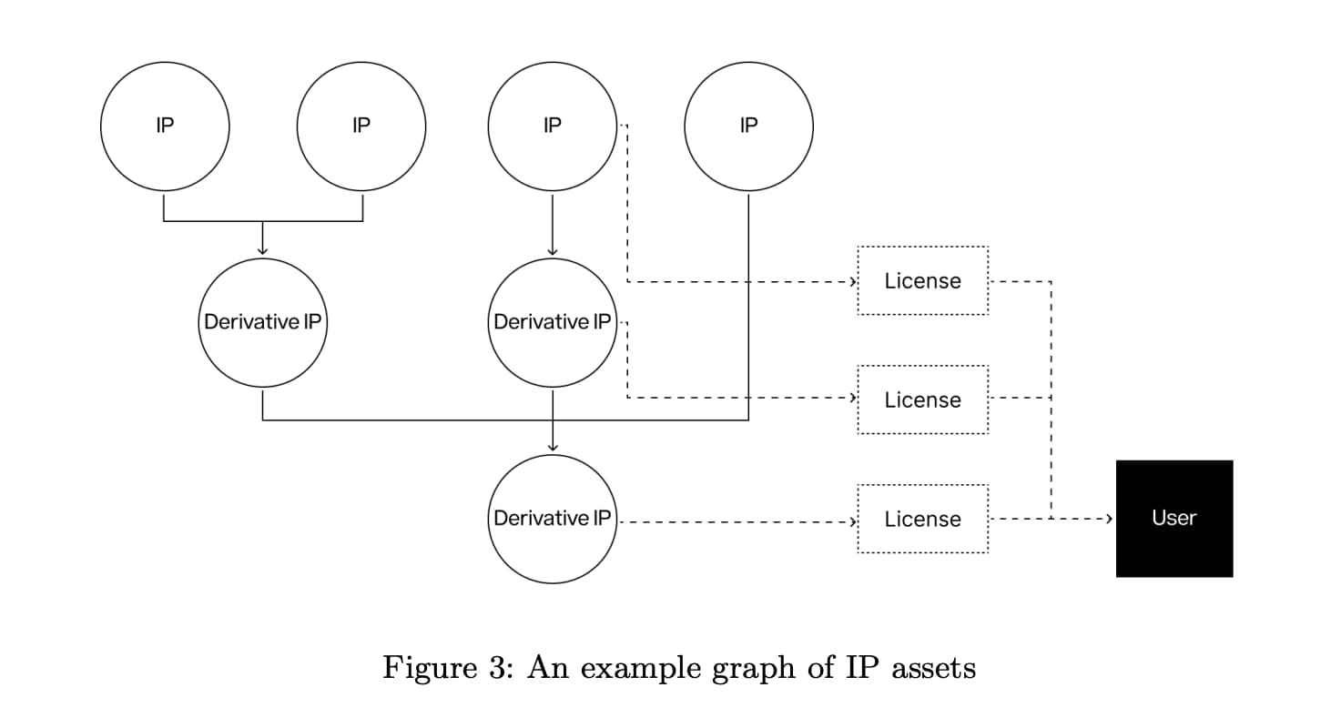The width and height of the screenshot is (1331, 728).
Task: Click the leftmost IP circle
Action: click(x=165, y=126)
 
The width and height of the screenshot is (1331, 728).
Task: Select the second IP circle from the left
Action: click(x=361, y=126)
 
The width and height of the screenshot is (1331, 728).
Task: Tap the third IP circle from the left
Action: click(x=553, y=126)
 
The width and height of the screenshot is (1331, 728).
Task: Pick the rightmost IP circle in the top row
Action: click(x=748, y=126)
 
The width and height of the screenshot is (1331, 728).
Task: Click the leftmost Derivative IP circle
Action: click(x=262, y=322)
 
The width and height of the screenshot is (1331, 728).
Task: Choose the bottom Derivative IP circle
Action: click(x=553, y=519)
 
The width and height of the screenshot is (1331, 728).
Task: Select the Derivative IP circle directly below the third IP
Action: click(x=553, y=322)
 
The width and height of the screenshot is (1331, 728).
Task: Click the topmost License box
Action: click(x=922, y=280)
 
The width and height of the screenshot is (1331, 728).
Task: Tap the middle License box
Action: click(x=922, y=399)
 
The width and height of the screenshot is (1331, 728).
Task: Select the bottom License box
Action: click(x=922, y=519)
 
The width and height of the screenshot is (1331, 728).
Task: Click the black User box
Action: click(x=1174, y=519)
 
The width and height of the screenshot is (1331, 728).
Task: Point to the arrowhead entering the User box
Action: click(x=1109, y=519)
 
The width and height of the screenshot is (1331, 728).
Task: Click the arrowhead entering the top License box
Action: click(x=853, y=281)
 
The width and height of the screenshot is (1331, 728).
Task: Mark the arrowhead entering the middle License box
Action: click(x=853, y=398)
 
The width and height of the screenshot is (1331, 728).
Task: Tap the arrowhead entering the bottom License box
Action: click(x=853, y=522)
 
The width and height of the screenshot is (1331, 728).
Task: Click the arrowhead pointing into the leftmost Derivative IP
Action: click(x=262, y=250)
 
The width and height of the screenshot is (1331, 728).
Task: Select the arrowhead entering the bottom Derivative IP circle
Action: click(x=553, y=446)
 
